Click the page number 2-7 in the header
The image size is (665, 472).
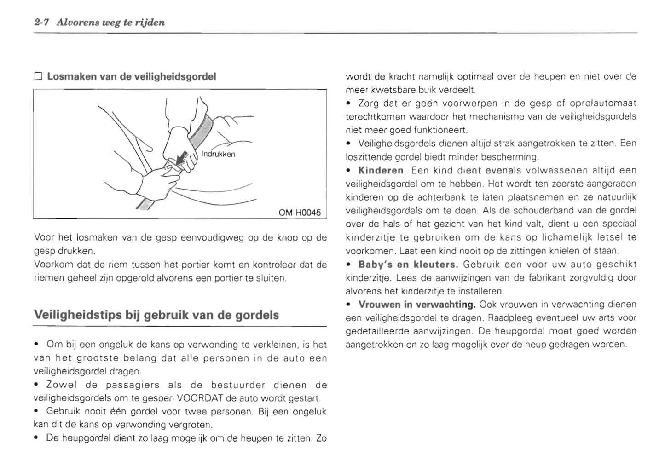[x=43, y=22]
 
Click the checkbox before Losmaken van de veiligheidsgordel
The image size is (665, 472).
[x=38, y=76]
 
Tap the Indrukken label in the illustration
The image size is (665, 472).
[x=218, y=154]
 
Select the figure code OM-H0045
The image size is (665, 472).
[x=300, y=213]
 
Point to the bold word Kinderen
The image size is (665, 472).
[x=381, y=171]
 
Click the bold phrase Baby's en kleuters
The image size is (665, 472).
[x=408, y=265]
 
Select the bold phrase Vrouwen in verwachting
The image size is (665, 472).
[x=416, y=305]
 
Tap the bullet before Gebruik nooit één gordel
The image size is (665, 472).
[x=37, y=411]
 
